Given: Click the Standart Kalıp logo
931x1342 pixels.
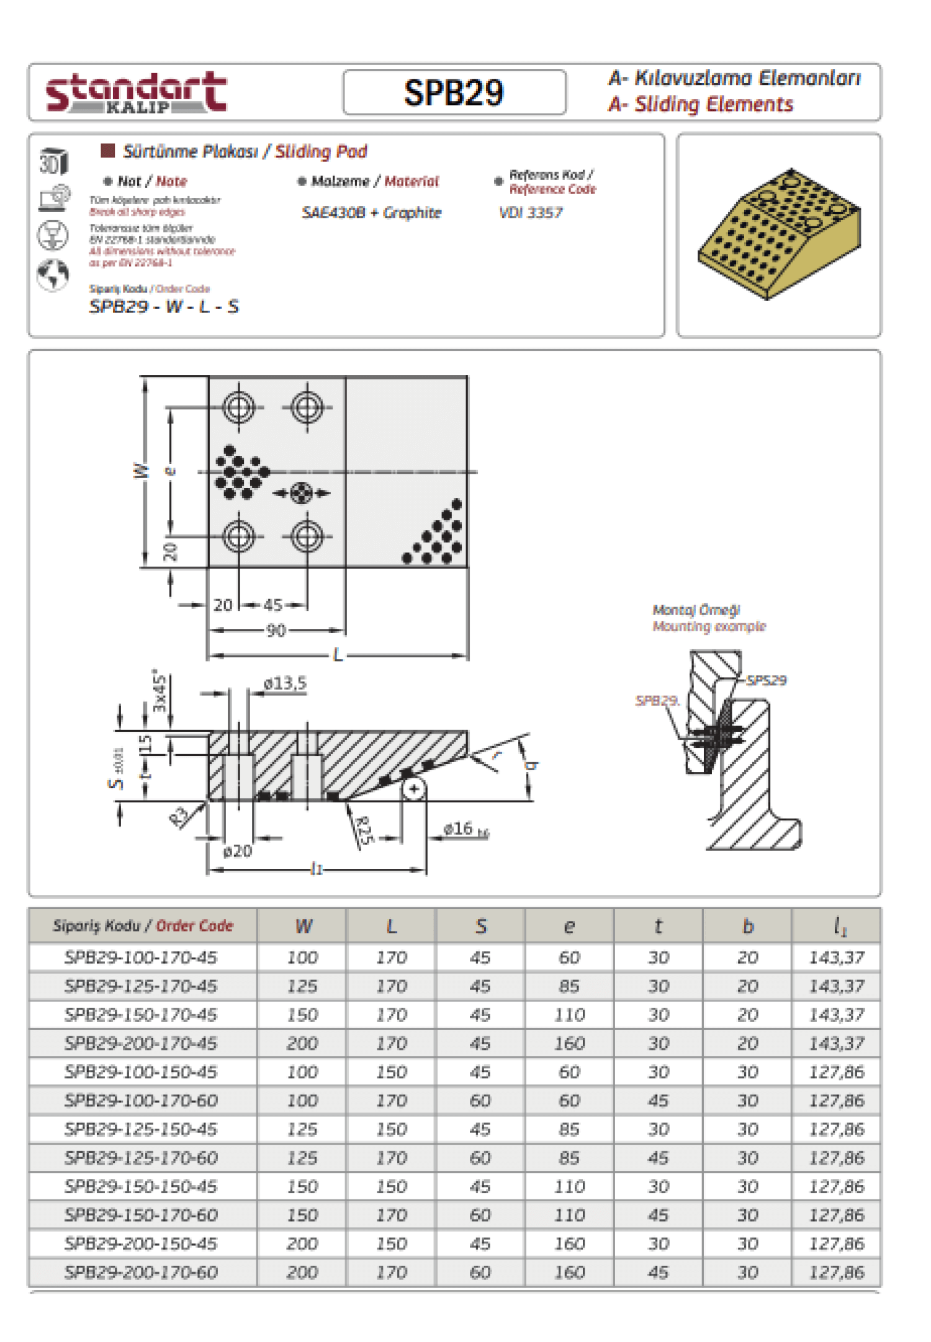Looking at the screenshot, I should [136, 93].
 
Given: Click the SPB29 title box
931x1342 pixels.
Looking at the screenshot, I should [454, 93].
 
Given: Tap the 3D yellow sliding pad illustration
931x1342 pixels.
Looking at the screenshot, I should [779, 234].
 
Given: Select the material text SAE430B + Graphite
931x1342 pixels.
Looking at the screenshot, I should [371, 213].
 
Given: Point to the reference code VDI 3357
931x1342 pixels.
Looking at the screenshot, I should [531, 213].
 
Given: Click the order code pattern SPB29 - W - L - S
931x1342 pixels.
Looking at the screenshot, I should [164, 306].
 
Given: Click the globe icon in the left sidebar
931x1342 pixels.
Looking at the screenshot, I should [53, 274].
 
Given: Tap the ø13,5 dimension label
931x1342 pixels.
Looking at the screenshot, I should [285, 683].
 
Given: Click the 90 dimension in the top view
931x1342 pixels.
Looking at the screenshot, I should [276, 631].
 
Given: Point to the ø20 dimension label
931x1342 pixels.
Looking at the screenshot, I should [238, 851].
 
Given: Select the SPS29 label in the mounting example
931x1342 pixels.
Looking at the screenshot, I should [767, 680].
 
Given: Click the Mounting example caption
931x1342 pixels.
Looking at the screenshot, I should [709, 626].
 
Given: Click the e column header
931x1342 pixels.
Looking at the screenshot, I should [569, 926].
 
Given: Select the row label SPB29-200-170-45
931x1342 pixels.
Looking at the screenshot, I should [141, 1043].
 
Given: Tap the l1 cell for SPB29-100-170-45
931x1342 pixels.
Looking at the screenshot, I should [836, 958].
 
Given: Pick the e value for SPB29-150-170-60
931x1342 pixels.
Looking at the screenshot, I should [569, 1215].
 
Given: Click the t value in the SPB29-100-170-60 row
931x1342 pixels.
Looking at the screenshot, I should [659, 1101].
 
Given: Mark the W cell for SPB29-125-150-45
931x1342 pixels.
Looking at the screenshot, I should [302, 1129].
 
